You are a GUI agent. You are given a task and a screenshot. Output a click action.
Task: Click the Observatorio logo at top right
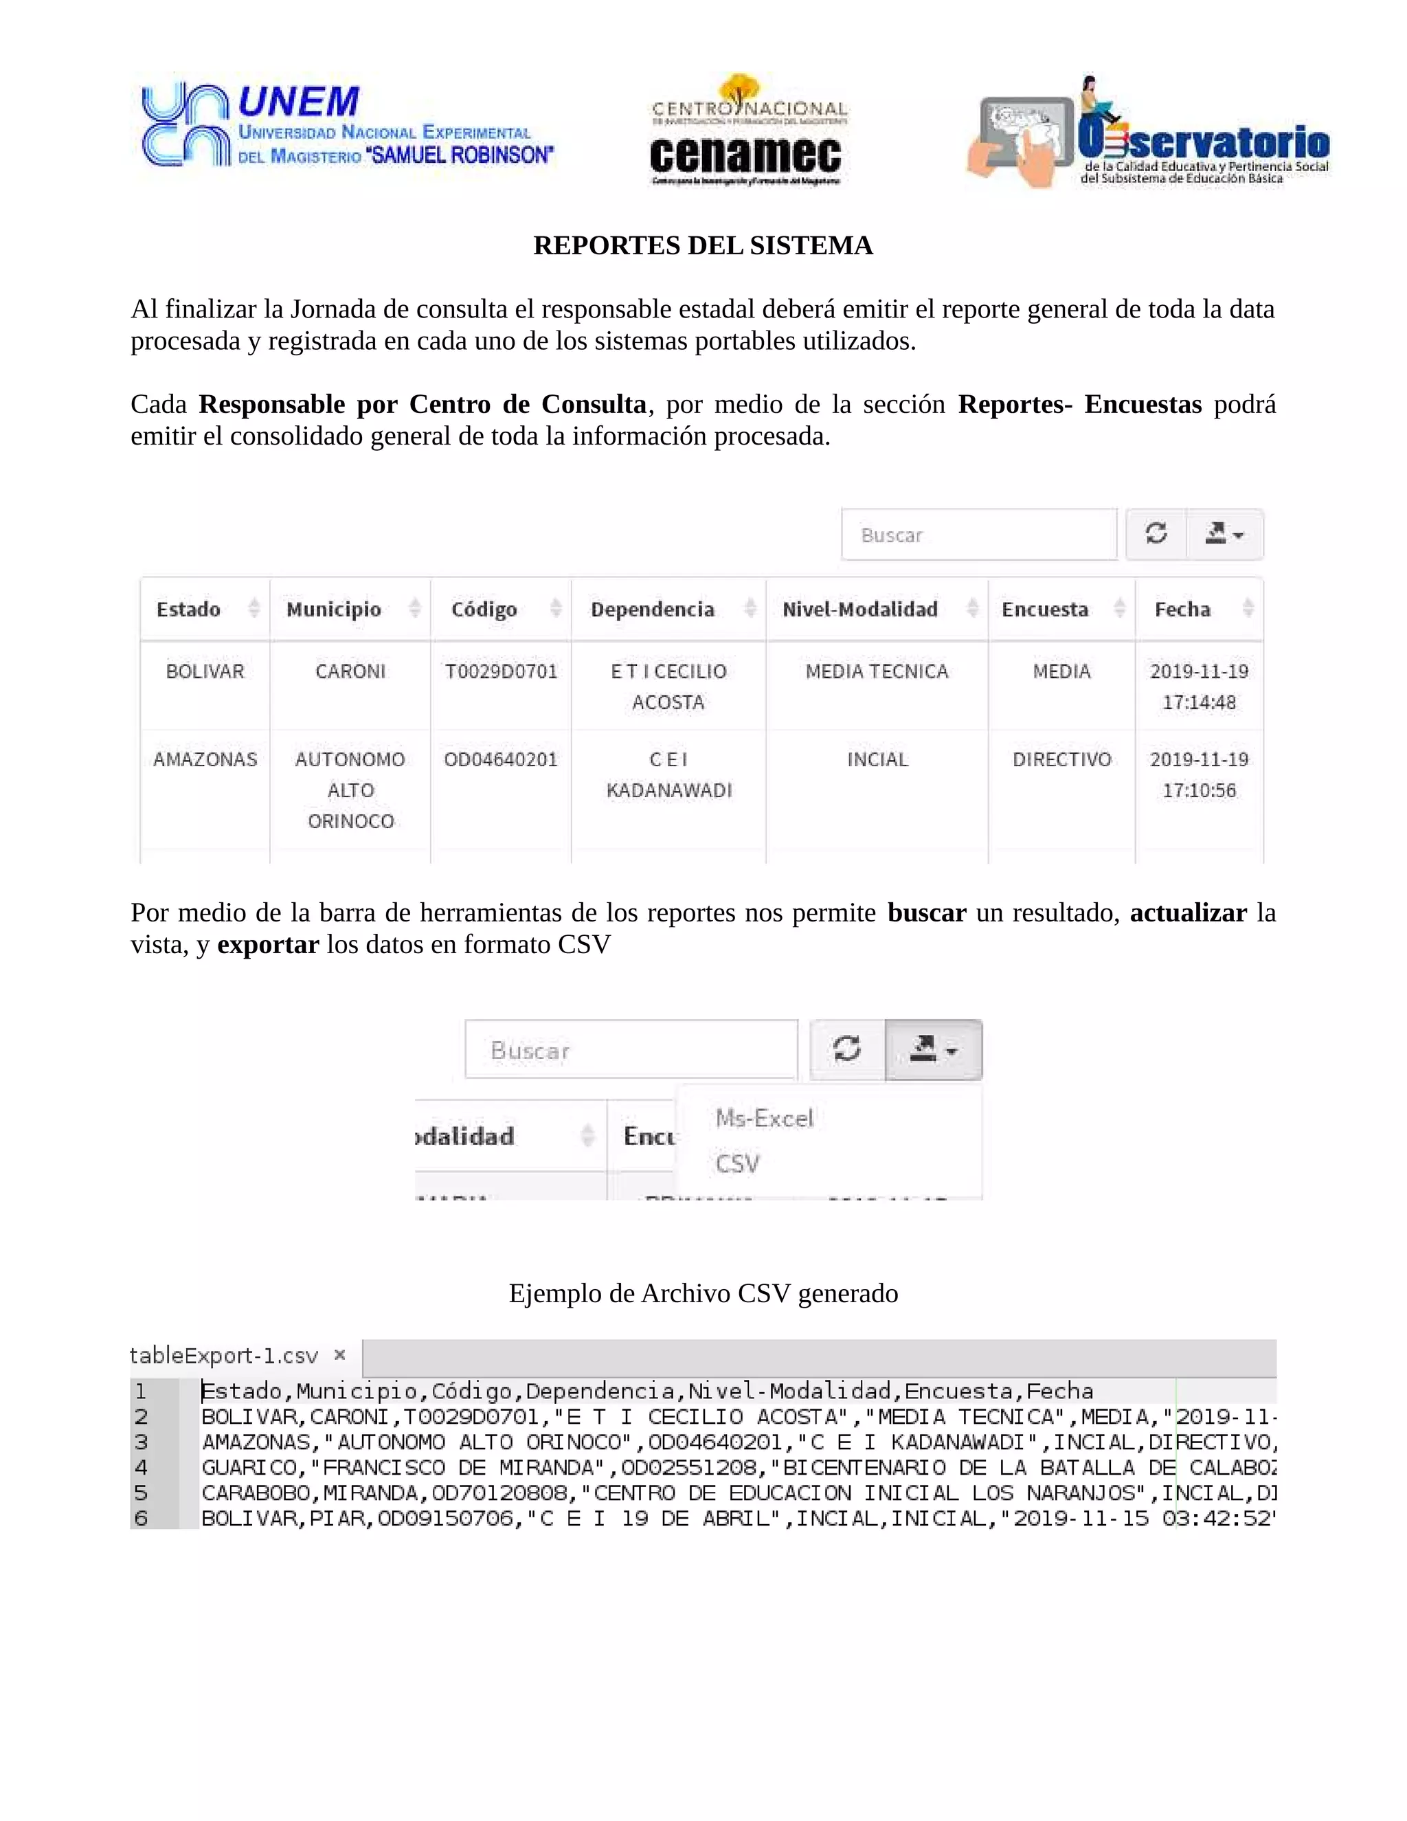coord(1149,133)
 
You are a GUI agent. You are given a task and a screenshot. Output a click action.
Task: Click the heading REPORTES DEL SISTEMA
coord(703,245)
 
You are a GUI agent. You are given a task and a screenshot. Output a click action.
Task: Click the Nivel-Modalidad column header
coord(860,610)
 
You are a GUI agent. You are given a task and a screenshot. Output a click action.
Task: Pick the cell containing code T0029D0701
coord(501,672)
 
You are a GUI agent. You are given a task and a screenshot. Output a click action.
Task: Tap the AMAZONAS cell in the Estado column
coord(205,759)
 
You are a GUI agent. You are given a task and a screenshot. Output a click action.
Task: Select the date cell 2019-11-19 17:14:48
coord(1199,686)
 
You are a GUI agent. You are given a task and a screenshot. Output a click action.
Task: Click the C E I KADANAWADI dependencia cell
coord(668,774)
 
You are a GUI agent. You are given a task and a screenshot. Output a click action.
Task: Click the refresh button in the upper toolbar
coord(1156,534)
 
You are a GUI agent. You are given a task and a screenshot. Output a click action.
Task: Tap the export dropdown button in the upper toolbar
coord(1224,534)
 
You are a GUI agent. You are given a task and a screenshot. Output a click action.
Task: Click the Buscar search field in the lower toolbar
coord(631,1050)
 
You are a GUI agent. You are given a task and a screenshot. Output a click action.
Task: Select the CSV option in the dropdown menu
coord(738,1163)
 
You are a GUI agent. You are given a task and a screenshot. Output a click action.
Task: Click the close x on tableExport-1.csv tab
coord(339,1355)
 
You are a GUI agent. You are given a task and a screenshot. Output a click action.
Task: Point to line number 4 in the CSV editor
coord(141,1468)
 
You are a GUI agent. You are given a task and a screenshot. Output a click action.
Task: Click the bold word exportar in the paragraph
coord(267,945)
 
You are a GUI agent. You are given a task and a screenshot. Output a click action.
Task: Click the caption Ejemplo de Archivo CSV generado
coord(703,1293)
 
